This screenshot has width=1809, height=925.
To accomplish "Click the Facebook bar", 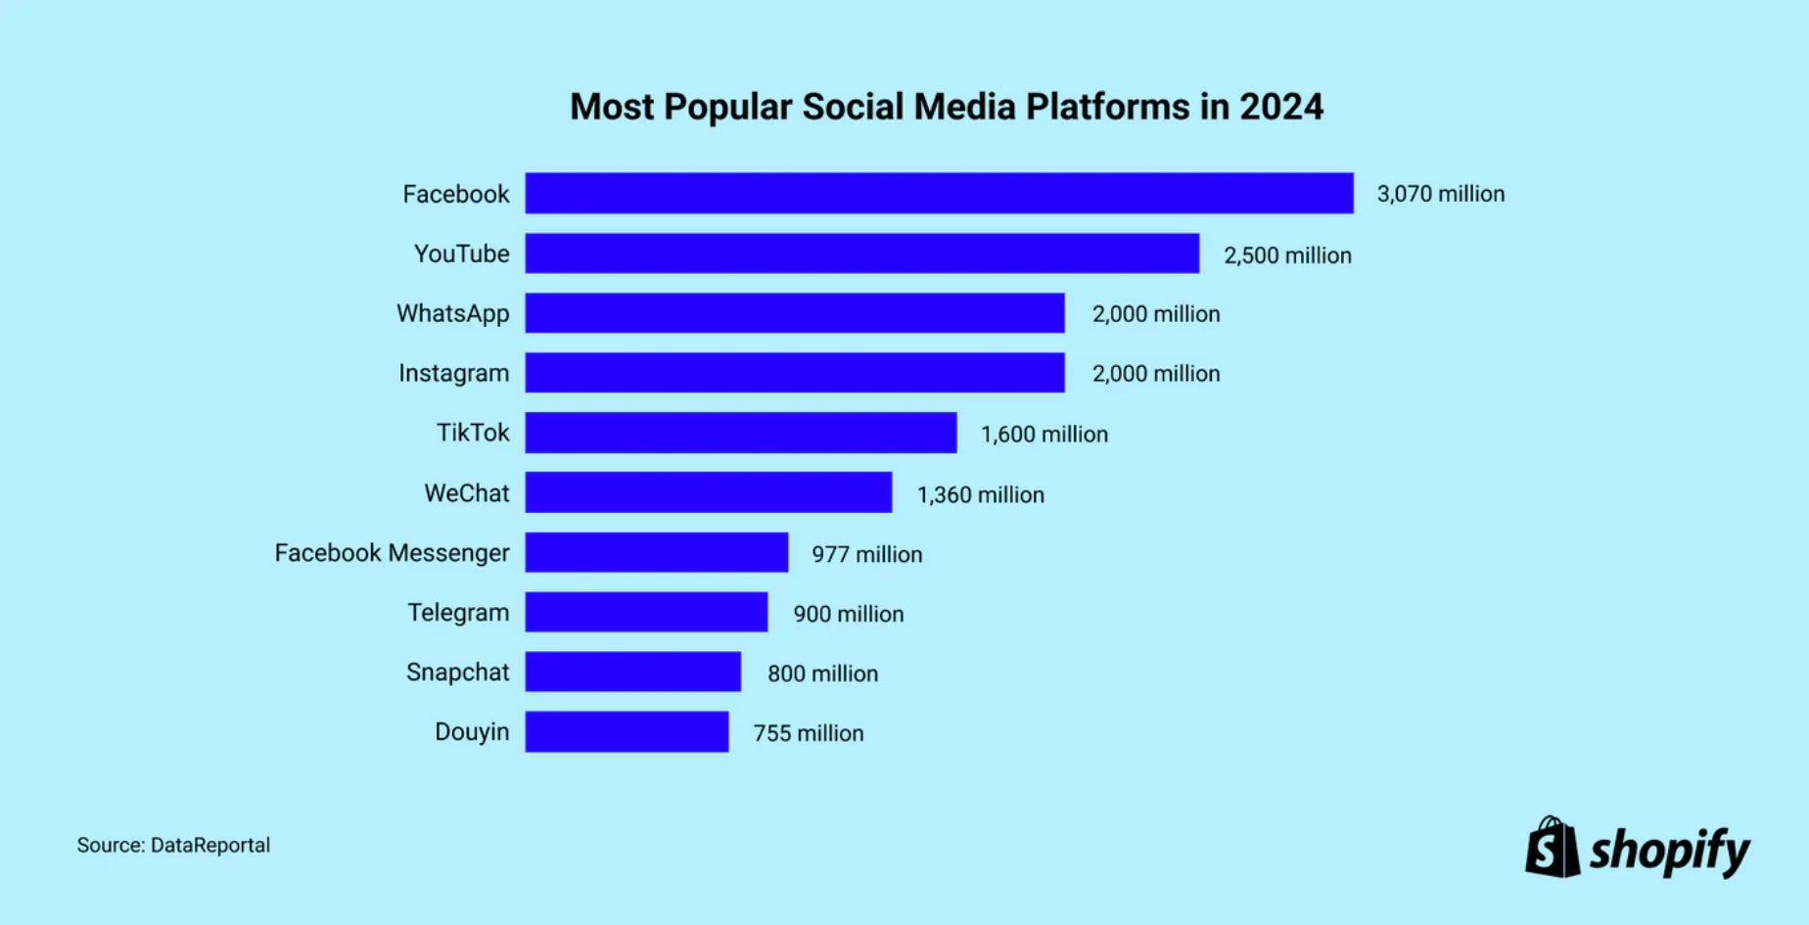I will click(939, 193).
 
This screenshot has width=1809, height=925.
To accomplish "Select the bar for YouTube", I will click(861, 253).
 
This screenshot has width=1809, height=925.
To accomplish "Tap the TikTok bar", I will click(740, 433).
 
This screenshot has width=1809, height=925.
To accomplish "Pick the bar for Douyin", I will click(626, 731).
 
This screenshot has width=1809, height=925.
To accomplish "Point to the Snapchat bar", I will click(632, 671).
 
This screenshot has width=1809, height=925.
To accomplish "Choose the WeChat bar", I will click(708, 492).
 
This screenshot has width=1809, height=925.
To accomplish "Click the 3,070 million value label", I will click(1440, 194).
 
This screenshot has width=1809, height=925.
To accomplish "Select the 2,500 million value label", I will click(1287, 255).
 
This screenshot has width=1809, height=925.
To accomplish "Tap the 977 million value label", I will click(866, 554).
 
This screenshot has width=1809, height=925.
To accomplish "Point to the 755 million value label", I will click(808, 733).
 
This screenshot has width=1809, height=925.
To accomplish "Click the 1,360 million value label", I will click(980, 494).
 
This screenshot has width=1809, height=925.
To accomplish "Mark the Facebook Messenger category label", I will click(392, 553).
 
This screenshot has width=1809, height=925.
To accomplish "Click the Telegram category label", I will click(458, 613).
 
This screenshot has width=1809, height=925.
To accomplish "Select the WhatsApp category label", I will click(452, 313).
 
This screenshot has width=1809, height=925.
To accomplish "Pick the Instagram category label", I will click(453, 373).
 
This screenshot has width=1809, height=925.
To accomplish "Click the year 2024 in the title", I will click(1281, 107).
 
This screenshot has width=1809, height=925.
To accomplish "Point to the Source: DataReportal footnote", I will click(173, 845).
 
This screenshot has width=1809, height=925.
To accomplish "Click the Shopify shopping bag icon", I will click(1552, 848).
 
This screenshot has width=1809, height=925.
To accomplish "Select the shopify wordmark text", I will click(1669, 852).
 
